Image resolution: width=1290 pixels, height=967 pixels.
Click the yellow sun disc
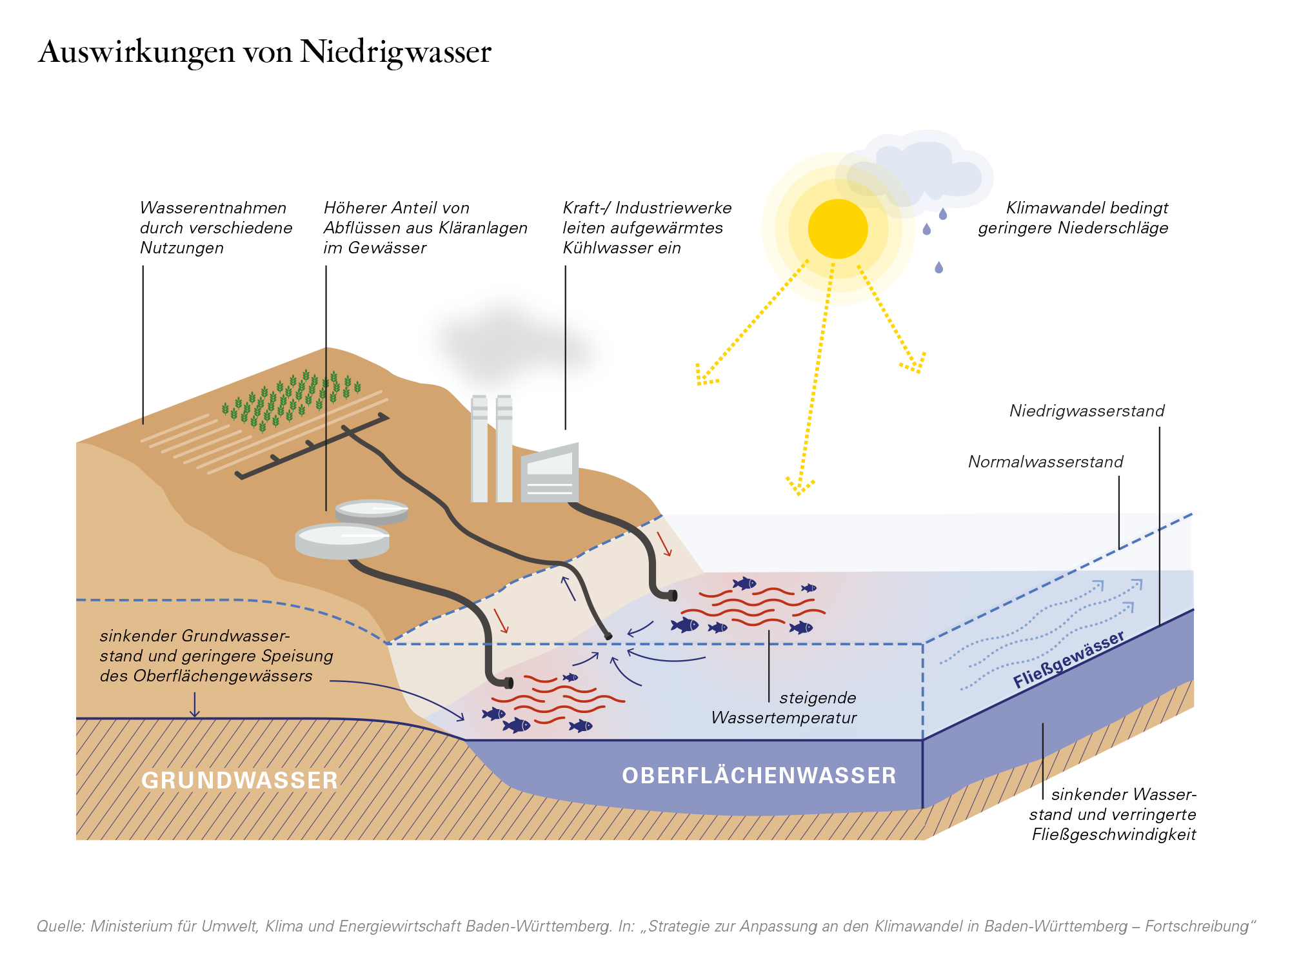pos(838,229)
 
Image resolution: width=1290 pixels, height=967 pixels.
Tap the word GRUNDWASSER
pos(239,780)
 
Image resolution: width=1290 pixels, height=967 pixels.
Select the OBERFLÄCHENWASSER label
pos(759,775)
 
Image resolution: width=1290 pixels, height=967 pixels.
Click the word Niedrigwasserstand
pos(1087,411)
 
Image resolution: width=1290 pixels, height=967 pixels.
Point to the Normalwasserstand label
pos(1046,462)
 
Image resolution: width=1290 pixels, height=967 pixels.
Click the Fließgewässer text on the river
pos(1069,659)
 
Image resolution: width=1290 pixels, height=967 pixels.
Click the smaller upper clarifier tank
pos(372,511)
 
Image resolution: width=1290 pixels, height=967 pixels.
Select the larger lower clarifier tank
pos(342,541)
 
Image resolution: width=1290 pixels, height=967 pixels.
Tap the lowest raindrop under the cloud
pos(939,267)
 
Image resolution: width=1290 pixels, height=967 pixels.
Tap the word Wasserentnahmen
pos(213,208)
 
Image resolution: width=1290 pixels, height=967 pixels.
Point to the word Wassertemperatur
pos(784,718)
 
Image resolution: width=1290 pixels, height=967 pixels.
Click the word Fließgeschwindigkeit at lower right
pos(1114,834)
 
